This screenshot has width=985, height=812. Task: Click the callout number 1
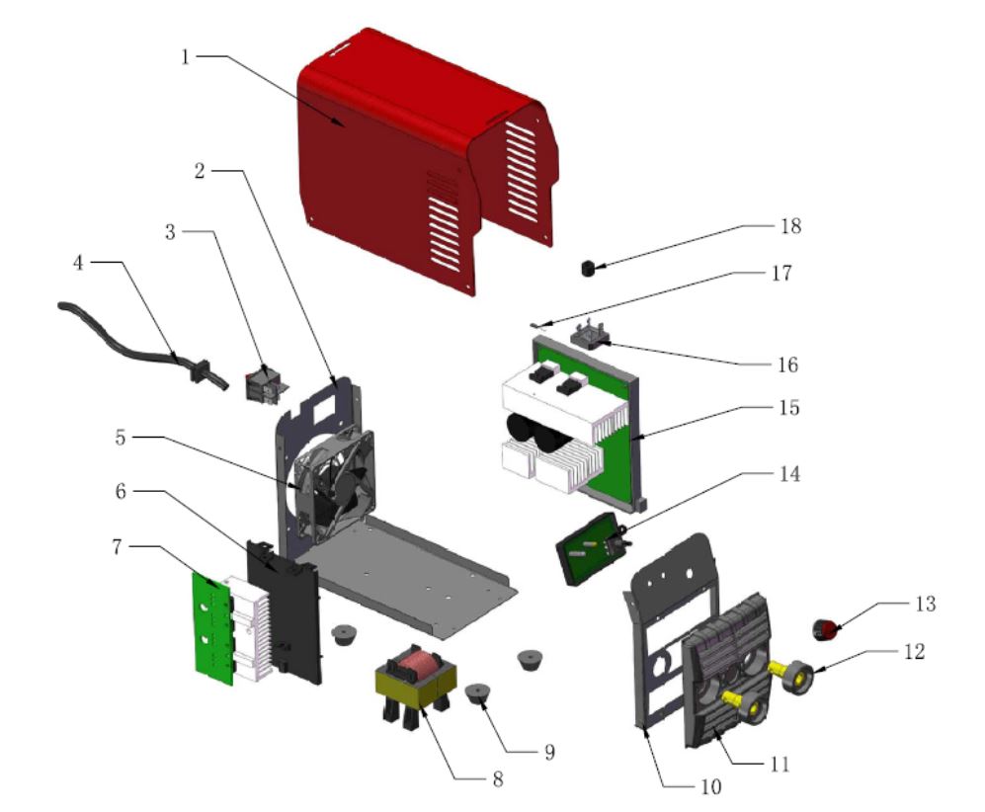point(185,55)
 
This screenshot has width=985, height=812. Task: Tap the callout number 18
point(788,226)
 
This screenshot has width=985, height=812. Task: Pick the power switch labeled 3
point(264,385)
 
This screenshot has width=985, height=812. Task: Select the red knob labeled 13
point(824,627)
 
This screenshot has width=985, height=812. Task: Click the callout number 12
point(913,652)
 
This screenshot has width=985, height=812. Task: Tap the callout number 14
point(785,474)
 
